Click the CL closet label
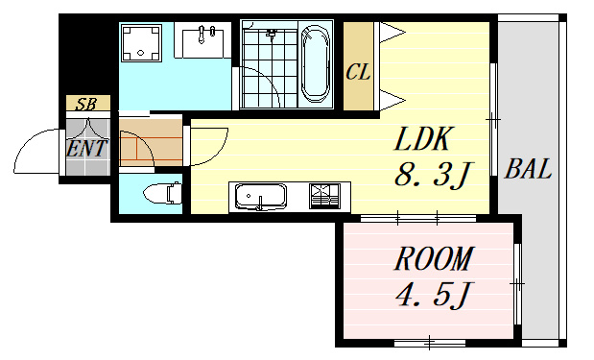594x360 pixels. [358, 71]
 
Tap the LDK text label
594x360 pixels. [423, 139]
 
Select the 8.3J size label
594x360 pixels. [433, 175]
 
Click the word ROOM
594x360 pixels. [434, 258]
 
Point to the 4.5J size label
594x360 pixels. [433, 296]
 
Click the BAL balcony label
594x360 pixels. [528, 169]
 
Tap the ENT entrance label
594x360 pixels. [86, 148]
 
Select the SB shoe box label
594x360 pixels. [86, 104]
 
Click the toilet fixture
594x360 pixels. [162, 194]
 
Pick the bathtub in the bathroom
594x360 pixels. [315, 63]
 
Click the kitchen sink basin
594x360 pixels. [260, 197]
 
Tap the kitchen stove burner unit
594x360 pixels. [324, 196]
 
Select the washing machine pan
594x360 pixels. [141, 43]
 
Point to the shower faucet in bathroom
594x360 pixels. [271, 34]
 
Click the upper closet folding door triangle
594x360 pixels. [392, 32]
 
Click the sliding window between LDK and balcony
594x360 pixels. [493, 119]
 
